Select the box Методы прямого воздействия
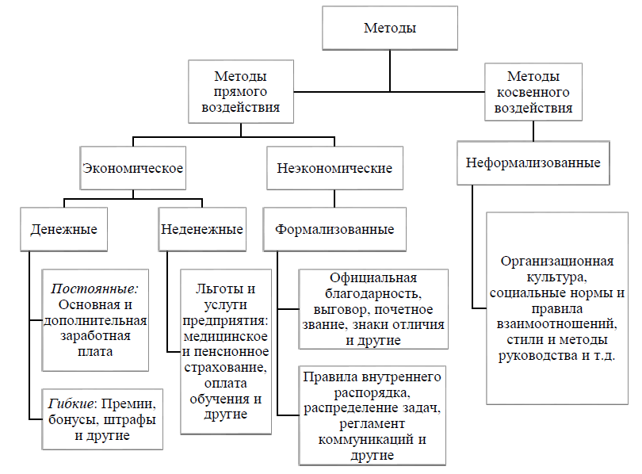click(x=240, y=93)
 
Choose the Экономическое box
click(x=133, y=169)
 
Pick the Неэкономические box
click(x=334, y=169)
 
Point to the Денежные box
click(x=63, y=230)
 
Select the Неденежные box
click(x=202, y=230)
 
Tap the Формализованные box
click(x=334, y=230)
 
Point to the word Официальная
click(x=373, y=278)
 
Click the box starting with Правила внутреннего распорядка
click(x=372, y=415)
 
